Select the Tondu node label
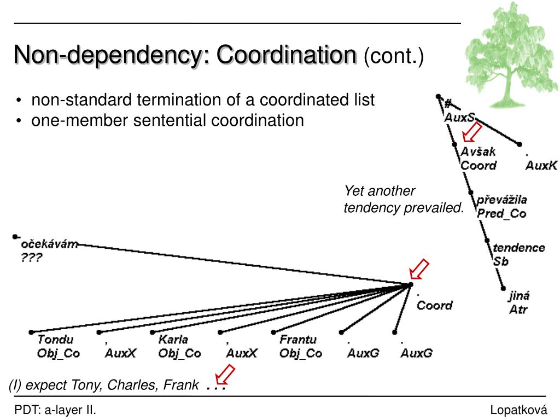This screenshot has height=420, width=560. pyautogui.click(x=55, y=340)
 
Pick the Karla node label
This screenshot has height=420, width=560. pyautogui.click(x=173, y=340)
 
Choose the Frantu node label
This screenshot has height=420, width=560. pyautogui.click(x=298, y=340)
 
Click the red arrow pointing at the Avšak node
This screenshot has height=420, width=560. pyautogui.click(x=472, y=132)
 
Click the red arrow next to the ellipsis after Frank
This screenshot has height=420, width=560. pyautogui.click(x=225, y=376)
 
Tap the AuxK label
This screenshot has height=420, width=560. pyautogui.click(x=541, y=166)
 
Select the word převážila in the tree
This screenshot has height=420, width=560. pyautogui.click(x=502, y=200)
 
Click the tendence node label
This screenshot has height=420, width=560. pyautogui.click(x=519, y=248)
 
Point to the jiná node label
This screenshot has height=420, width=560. pyautogui.click(x=519, y=296)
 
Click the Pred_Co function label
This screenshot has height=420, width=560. pyautogui.click(x=501, y=214)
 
